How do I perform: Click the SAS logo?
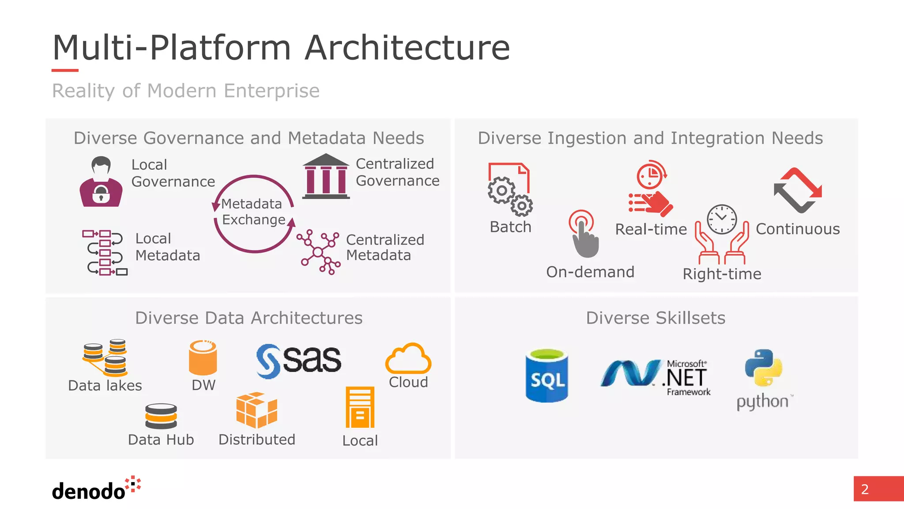click(x=299, y=361)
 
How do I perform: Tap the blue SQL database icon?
click(x=546, y=376)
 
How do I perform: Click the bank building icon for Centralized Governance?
click(x=326, y=176)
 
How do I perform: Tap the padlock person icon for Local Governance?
click(x=101, y=182)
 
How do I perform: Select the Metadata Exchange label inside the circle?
click(x=253, y=212)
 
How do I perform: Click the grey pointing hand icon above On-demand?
click(x=584, y=234)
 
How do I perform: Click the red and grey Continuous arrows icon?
click(x=798, y=190)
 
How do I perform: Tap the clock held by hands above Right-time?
click(x=722, y=234)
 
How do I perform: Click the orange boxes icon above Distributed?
click(x=256, y=410)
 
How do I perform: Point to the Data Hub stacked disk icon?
click(x=161, y=416)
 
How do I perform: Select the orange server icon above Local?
click(x=360, y=407)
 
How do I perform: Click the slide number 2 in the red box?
click(x=865, y=489)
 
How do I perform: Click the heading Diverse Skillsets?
click(x=655, y=318)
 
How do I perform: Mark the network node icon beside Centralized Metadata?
click(x=318, y=252)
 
